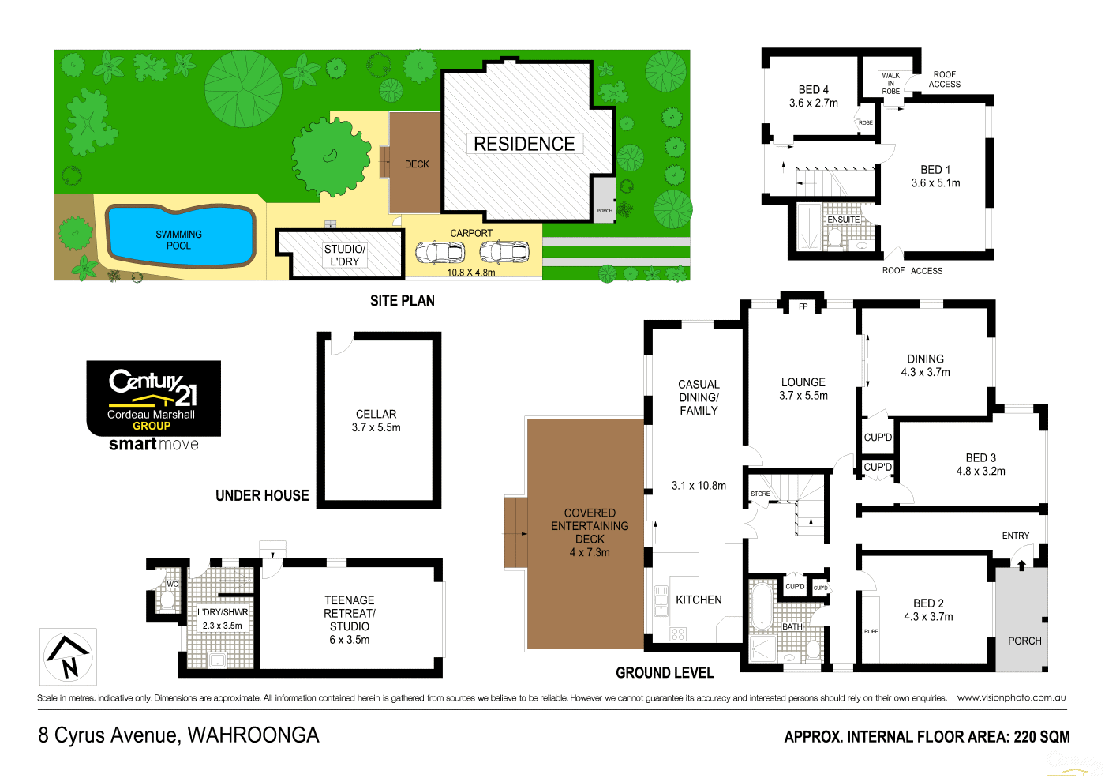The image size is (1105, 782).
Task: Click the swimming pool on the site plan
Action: pyautogui.click(x=180, y=235)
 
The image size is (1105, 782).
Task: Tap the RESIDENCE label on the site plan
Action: pyautogui.click(x=524, y=144)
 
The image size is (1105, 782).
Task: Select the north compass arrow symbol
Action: pyautogui.click(x=68, y=656)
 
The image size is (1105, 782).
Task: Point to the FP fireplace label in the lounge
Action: pyautogui.click(x=803, y=306)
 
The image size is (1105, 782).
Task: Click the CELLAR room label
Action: pyautogui.click(x=376, y=414)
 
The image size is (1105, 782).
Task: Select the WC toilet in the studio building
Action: pyautogui.click(x=167, y=600)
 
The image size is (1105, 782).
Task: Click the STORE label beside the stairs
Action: pyautogui.click(x=760, y=494)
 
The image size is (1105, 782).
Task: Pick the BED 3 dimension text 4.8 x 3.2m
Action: pyautogui.click(x=980, y=472)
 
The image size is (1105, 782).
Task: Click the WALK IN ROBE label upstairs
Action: pyautogui.click(x=890, y=84)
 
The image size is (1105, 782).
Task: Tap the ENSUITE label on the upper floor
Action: pyautogui.click(x=843, y=220)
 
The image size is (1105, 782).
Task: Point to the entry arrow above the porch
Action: pyautogui.click(x=1021, y=565)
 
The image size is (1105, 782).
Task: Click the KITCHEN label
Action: pyautogui.click(x=699, y=600)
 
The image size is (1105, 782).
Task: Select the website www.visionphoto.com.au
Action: pyautogui.click(x=1011, y=697)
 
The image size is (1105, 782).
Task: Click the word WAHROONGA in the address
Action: pyautogui.click(x=253, y=735)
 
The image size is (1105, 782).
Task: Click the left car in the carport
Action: pyautogui.click(x=440, y=253)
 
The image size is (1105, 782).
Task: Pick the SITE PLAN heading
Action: pyautogui.click(x=403, y=301)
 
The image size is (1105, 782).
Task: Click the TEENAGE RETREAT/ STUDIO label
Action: pyautogui.click(x=350, y=613)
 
